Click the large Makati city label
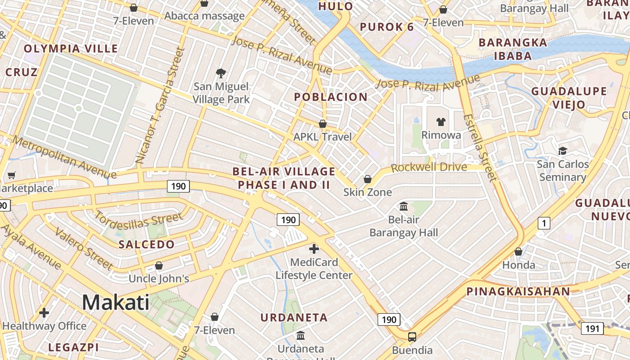click(x=116, y=302)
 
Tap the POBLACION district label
click(x=331, y=97)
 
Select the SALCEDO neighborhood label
click(x=146, y=244)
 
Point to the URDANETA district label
click(x=294, y=317)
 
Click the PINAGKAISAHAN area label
click(x=518, y=291)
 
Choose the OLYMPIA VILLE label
click(x=71, y=49)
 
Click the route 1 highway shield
click(x=544, y=223)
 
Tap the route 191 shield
click(x=592, y=328)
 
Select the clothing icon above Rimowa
click(x=441, y=122)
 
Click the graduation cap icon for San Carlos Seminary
click(x=562, y=151)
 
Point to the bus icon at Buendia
click(x=412, y=337)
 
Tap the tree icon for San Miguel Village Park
click(x=220, y=73)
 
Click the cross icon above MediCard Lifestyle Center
click(x=314, y=248)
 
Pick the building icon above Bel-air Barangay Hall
click(x=404, y=207)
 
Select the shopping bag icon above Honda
click(x=518, y=252)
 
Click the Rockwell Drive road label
click(x=429, y=167)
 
